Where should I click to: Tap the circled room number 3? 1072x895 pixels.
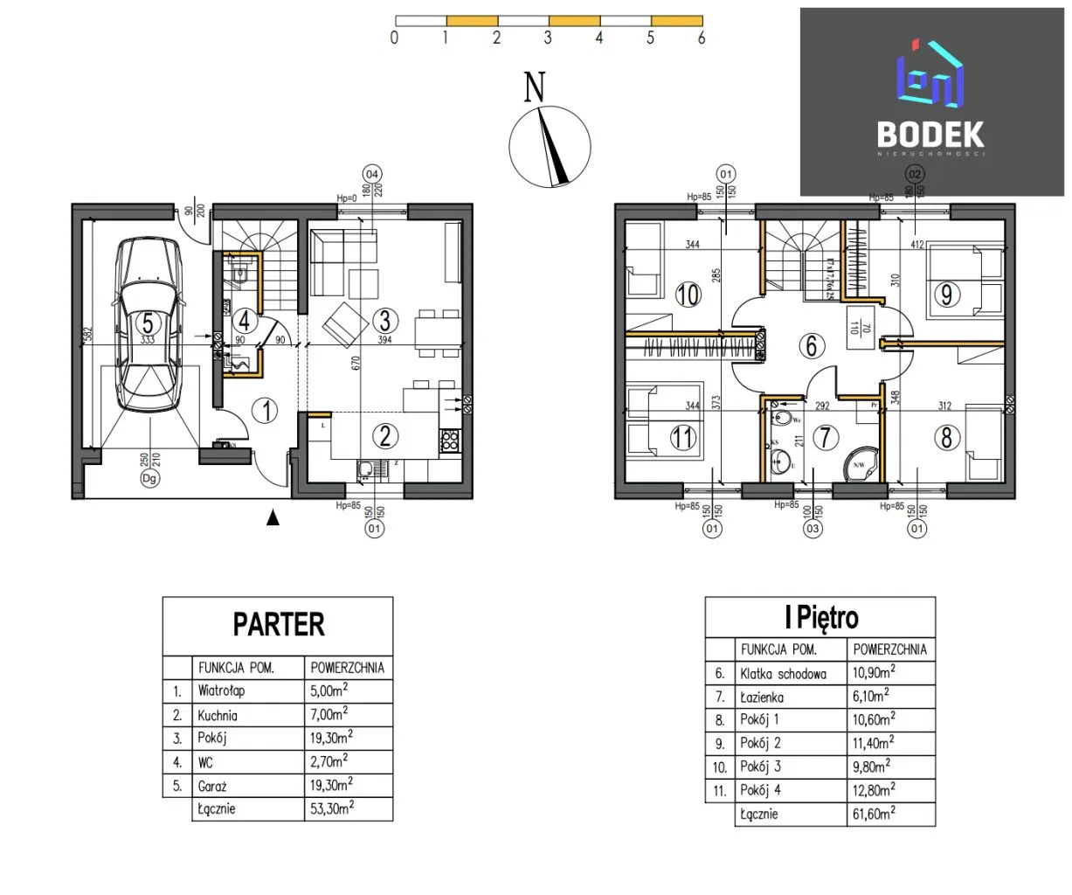pyautogui.click(x=384, y=320)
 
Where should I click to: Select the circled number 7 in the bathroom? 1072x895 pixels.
pyautogui.click(x=826, y=436)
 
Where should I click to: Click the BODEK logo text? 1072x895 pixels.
pyautogui.click(x=930, y=135)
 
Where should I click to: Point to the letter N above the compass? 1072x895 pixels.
pyautogui.click(x=534, y=87)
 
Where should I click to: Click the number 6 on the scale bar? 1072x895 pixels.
pyautogui.click(x=702, y=38)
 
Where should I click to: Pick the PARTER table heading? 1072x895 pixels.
pyautogui.click(x=278, y=625)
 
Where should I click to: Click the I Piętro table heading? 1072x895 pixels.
pyautogui.click(x=820, y=618)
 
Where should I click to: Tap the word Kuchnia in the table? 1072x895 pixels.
pyautogui.click(x=218, y=715)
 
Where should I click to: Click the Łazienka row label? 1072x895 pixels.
pyautogui.click(x=762, y=697)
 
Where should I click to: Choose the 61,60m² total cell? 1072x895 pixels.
pyautogui.click(x=874, y=814)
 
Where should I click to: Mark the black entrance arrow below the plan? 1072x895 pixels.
pyautogui.click(x=273, y=518)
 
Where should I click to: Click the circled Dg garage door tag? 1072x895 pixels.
pyautogui.click(x=150, y=478)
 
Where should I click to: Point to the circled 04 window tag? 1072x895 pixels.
pyautogui.click(x=373, y=175)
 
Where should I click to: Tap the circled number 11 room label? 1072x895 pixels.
pyautogui.click(x=683, y=436)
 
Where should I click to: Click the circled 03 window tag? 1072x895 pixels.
pyautogui.click(x=813, y=529)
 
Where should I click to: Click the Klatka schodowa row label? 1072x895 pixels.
pyautogui.click(x=783, y=674)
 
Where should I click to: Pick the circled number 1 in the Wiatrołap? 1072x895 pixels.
pyautogui.click(x=266, y=410)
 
